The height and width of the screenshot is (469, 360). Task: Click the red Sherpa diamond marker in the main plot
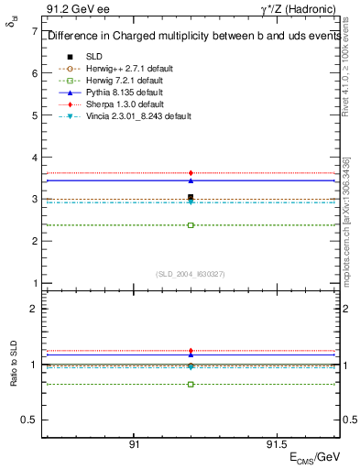pyautogui.click(x=191, y=172)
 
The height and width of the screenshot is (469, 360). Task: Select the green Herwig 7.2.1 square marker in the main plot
pyautogui.click(x=191, y=224)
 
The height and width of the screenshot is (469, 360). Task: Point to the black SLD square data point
pyautogui.click(x=191, y=197)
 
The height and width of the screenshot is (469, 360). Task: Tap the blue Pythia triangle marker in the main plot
pyautogui.click(x=191, y=180)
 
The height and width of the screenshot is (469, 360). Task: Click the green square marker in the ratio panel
pyautogui.click(x=191, y=384)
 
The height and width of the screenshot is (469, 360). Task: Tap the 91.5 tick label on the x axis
pyautogui.click(x=274, y=443)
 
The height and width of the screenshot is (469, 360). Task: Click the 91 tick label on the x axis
pyautogui.click(x=134, y=443)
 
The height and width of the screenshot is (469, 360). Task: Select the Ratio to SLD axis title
pyautogui.click(x=13, y=364)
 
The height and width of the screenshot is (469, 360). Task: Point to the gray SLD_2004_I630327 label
pyautogui.click(x=191, y=273)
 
